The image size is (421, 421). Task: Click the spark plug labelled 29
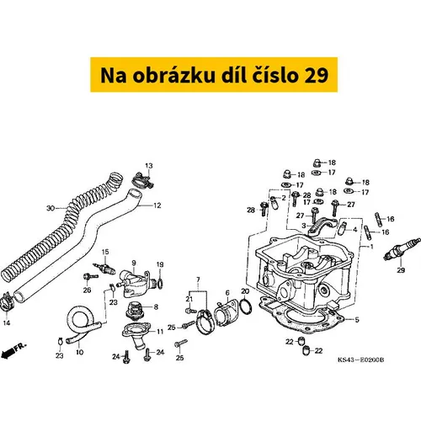pos(402,249)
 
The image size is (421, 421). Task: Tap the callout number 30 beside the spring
pos(51,208)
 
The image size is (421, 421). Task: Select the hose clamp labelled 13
pos(142,180)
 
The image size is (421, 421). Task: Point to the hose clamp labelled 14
pos(7,302)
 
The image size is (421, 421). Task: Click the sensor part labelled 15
pos(104,269)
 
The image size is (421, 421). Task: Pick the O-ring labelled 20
pos(247,306)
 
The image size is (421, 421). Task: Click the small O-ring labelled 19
pos(160,284)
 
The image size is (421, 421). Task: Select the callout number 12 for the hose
pos(157,205)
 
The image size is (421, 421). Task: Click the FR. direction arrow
pos(13,350)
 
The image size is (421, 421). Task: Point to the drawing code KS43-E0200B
pos(360,360)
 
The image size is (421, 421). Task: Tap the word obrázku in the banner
pos(173,75)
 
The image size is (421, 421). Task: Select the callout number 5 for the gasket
pos(357,320)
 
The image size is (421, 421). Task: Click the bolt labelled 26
pos(91,276)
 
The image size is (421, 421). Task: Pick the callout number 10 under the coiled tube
pos(80,352)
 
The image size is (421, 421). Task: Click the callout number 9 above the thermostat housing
pos(134,263)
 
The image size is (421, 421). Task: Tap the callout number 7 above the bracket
pos(198,280)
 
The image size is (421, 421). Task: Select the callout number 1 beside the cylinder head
pos(372,247)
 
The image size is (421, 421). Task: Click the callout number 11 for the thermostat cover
pos(160,332)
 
